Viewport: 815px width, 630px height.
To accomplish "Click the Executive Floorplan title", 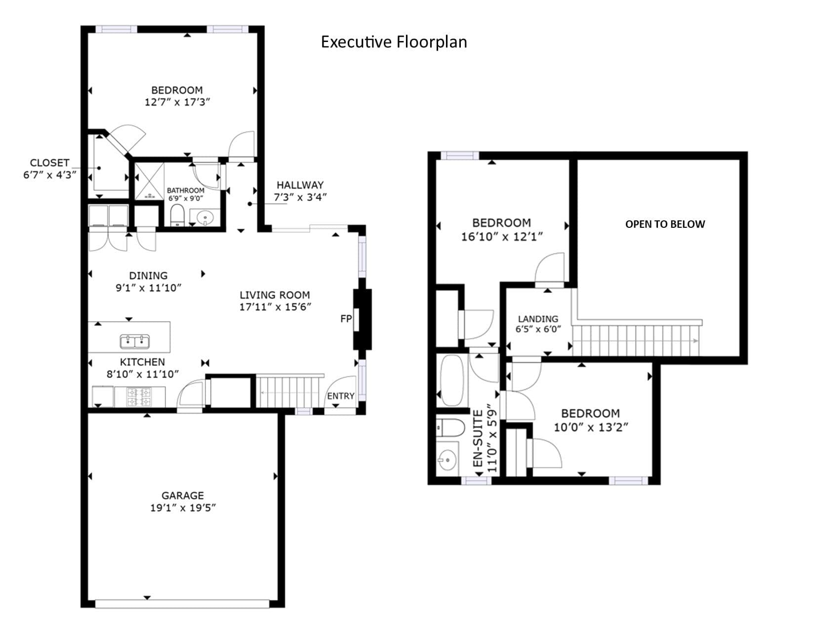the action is [x=394, y=42].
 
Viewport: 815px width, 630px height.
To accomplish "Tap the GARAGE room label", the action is [x=183, y=495].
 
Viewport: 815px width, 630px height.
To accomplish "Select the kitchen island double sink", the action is [x=135, y=341].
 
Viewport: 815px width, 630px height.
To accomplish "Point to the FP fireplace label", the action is [x=346, y=319].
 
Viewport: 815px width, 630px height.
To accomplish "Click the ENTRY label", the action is [x=340, y=396].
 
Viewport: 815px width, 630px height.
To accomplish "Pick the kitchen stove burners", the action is [x=139, y=397].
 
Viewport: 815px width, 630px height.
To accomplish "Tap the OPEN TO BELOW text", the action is [x=665, y=224].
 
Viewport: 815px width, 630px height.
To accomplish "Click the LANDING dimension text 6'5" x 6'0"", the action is [x=538, y=329].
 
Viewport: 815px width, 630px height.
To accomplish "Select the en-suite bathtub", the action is [x=452, y=380].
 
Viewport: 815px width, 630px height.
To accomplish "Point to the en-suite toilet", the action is [x=450, y=427].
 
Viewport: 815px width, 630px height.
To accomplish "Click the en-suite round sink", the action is [x=448, y=459].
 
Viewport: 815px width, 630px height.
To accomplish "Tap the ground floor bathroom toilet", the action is [x=177, y=214].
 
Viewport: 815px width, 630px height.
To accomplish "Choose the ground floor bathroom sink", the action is [x=205, y=217].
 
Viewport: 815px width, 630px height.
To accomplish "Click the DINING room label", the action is [x=148, y=275].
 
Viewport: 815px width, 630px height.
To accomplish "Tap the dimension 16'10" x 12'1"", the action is [x=502, y=236].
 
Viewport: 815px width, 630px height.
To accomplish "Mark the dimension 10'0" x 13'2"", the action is [x=591, y=427].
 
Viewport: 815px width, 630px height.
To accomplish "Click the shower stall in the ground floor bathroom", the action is [x=149, y=181].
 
